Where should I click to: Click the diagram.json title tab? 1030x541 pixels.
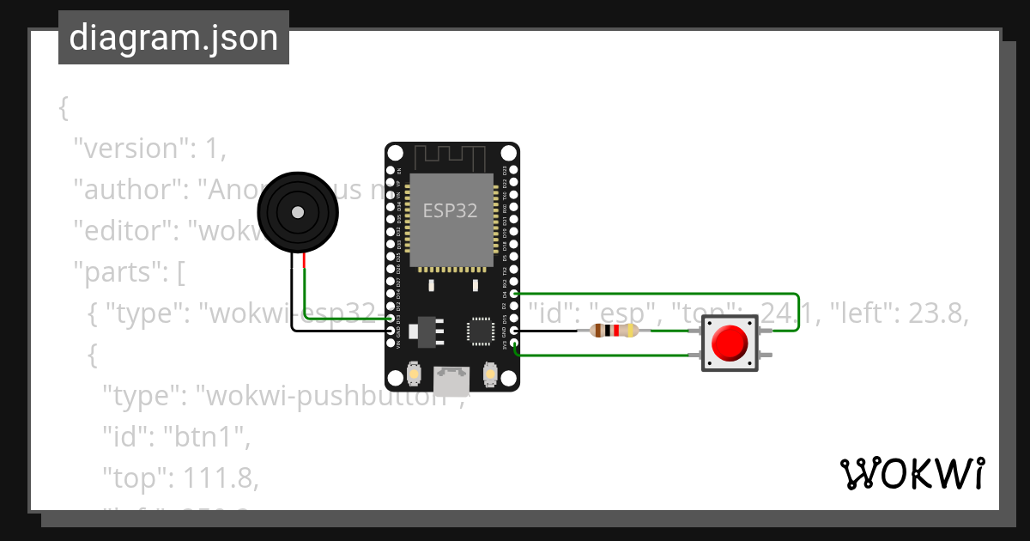173,38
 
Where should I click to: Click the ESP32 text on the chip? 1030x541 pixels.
450,210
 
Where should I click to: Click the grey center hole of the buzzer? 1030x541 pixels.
298,212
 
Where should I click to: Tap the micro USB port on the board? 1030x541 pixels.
451,380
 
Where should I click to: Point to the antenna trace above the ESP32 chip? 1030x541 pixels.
451,157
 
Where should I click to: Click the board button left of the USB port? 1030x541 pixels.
414,374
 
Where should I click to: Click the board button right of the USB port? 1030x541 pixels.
490,374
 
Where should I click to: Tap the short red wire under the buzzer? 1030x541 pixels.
304,261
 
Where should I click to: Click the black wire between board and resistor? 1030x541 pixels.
549,331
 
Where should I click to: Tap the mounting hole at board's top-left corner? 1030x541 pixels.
394,152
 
